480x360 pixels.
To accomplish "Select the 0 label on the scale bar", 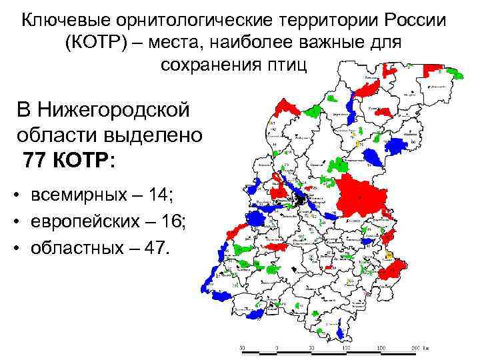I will click(276, 348).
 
